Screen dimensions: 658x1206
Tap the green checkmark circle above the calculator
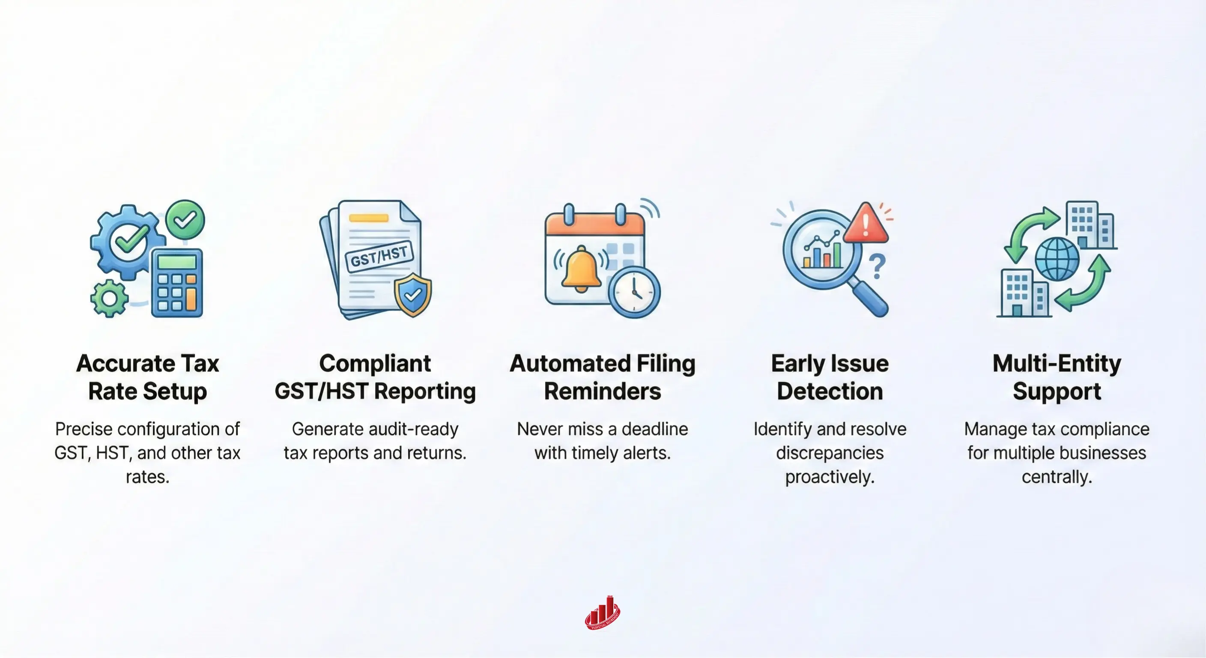(x=185, y=219)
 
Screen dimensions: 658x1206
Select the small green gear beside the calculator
(x=109, y=298)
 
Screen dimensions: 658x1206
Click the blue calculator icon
(x=177, y=283)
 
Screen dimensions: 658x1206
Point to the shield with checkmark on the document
(x=412, y=295)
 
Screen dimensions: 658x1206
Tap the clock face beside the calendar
(x=634, y=292)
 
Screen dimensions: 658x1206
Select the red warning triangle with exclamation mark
(x=866, y=224)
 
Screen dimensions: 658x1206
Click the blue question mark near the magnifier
(x=878, y=266)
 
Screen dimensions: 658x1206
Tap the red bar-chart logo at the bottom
(x=603, y=613)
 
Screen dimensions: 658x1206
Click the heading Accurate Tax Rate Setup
(x=147, y=377)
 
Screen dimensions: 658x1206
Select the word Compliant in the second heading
(x=375, y=363)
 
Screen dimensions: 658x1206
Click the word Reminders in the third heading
(x=602, y=391)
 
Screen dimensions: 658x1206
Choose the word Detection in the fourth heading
(x=830, y=391)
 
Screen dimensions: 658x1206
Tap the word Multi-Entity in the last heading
(x=1057, y=363)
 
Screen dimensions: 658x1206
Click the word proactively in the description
(x=830, y=477)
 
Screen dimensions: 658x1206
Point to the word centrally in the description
(x=1057, y=477)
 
